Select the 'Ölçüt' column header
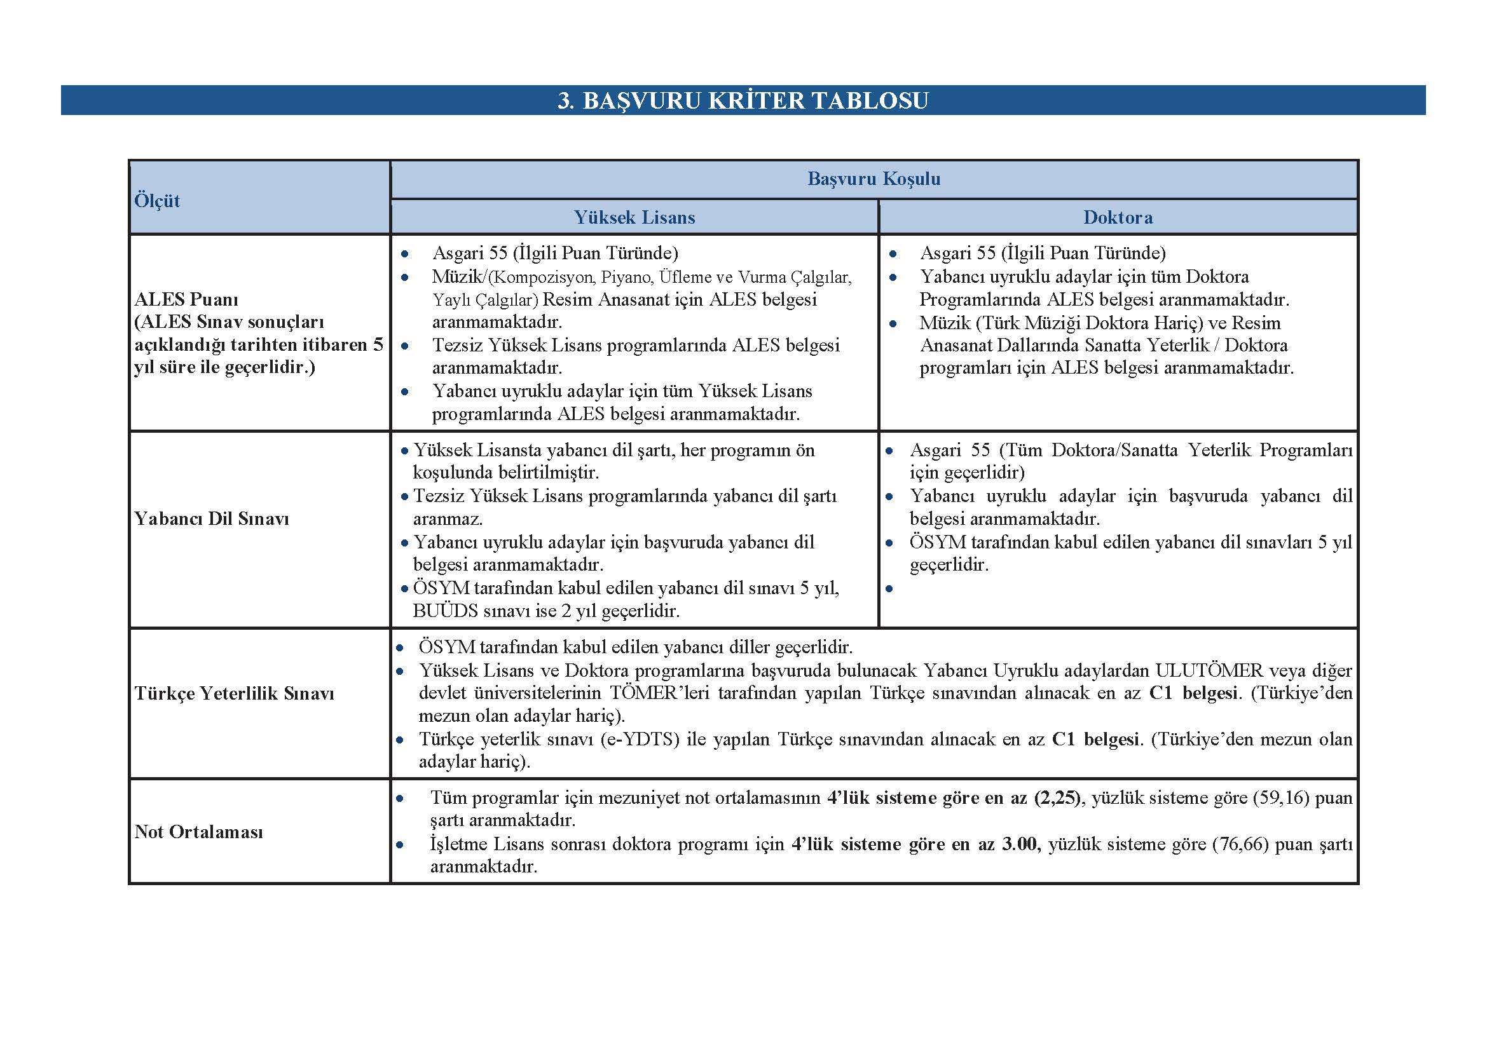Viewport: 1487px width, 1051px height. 157,201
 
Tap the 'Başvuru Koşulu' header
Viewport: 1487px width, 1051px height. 874,179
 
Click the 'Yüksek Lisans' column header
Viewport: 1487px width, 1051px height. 634,217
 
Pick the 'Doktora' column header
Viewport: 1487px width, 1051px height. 1118,217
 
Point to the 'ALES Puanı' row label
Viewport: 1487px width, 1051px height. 186,300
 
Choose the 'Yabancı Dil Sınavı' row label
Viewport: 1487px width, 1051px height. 211,519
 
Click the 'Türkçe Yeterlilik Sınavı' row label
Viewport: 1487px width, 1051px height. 234,693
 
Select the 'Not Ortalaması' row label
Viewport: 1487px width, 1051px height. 198,832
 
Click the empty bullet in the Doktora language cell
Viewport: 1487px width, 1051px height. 890,588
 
